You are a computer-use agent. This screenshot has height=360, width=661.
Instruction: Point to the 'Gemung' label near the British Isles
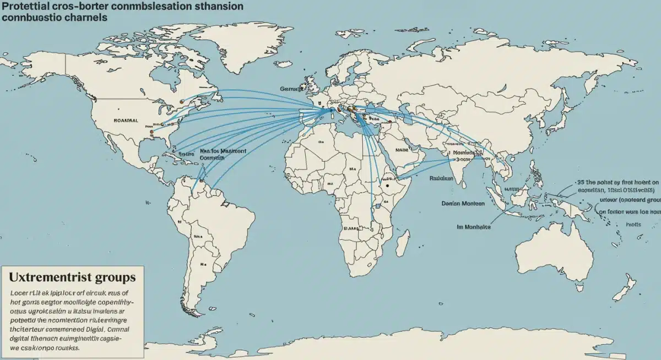(292, 88)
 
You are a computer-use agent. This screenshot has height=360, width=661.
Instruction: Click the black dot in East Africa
(387, 186)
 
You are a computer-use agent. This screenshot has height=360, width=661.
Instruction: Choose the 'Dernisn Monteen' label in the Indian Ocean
(463, 203)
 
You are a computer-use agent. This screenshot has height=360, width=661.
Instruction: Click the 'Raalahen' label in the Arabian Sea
(441, 178)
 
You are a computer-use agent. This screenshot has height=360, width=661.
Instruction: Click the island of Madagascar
(403, 239)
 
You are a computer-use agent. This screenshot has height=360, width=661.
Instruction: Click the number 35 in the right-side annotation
(581, 181)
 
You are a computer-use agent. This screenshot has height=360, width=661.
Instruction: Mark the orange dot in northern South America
(202, 180)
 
